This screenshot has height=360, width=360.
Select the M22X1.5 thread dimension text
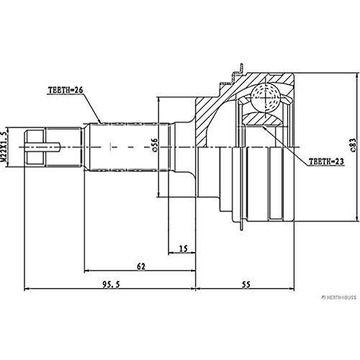[x=7, y=147]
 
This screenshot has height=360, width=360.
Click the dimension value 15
[x=183, y=248]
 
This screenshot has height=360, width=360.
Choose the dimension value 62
[x=141, y=266]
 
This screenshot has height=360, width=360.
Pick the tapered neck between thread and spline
[x=79, y=148]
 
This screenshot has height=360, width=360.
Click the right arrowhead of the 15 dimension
[x=194, y=254]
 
